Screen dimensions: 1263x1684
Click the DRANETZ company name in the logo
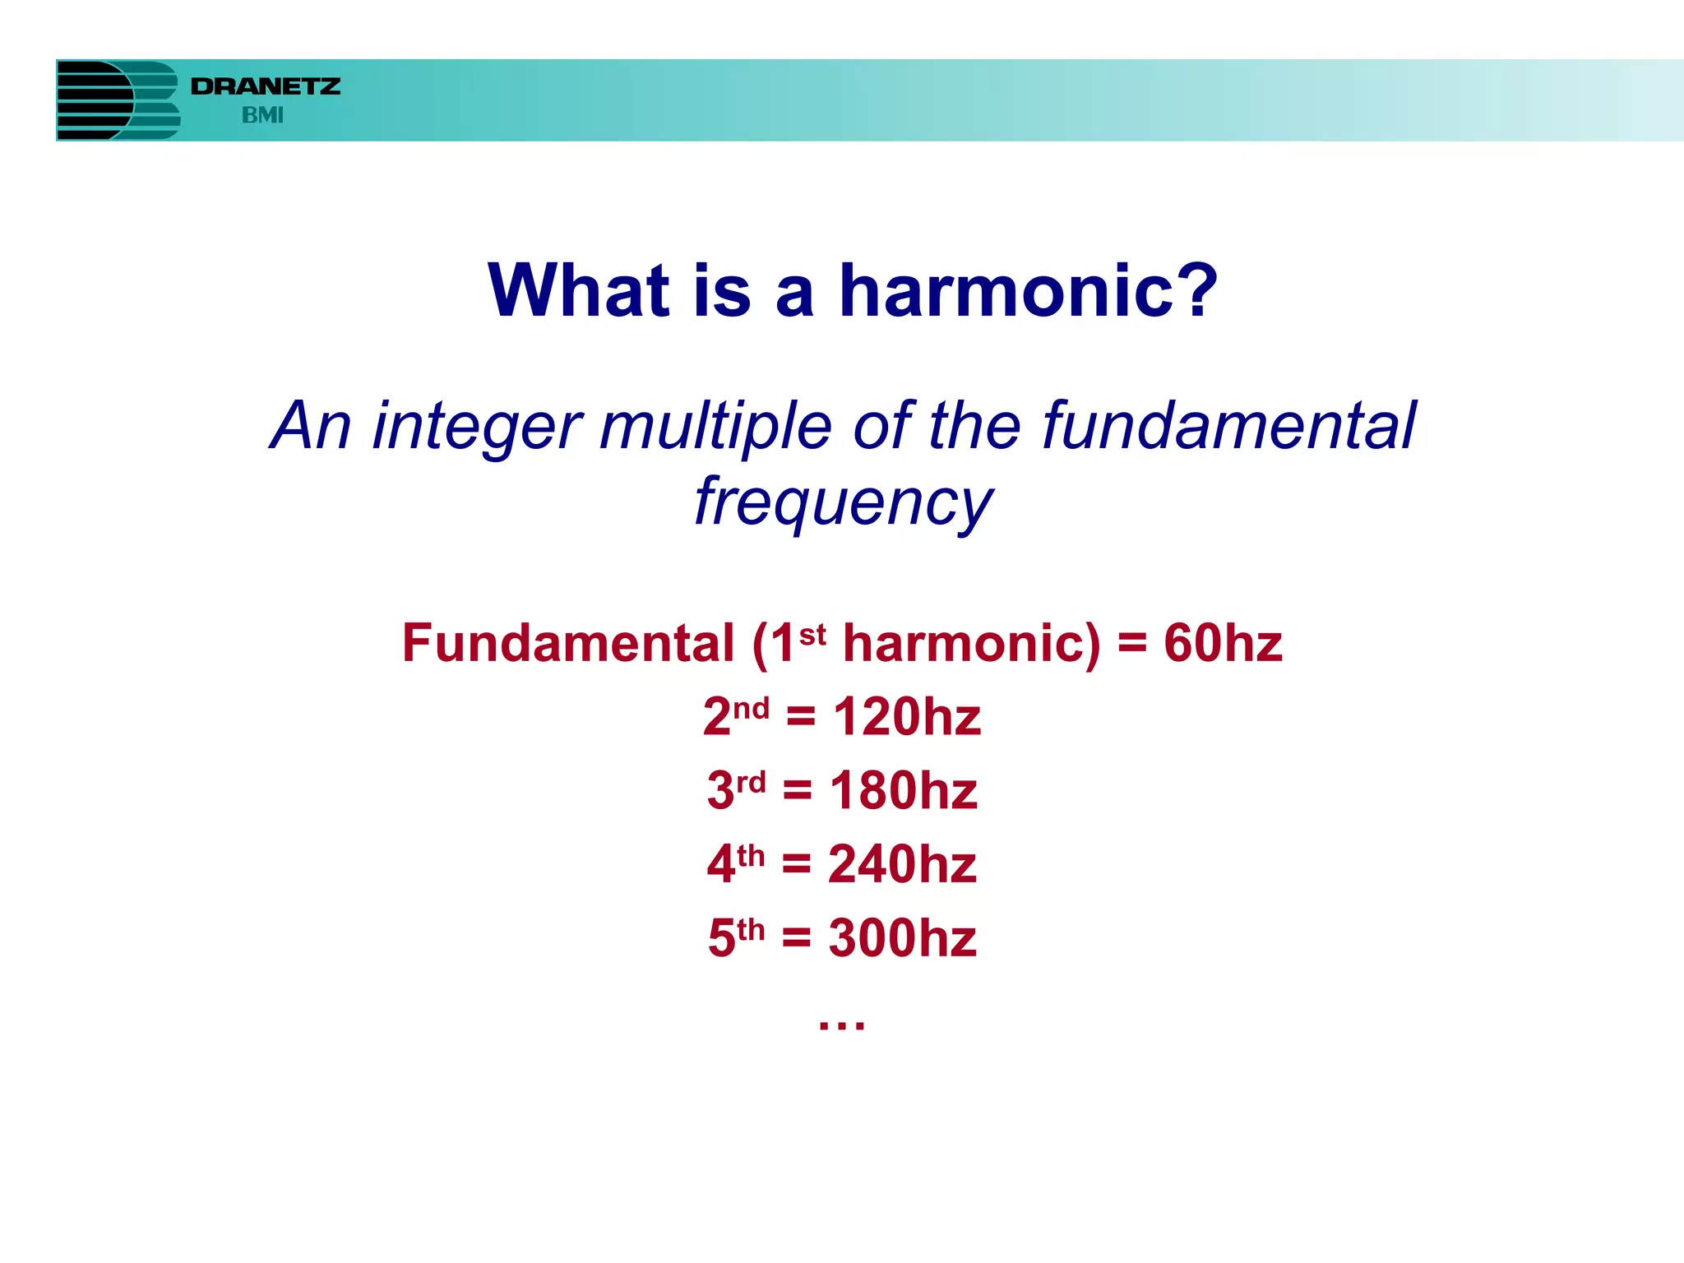265,86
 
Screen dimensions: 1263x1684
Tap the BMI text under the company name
262,115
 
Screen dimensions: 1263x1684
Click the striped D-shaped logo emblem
118,100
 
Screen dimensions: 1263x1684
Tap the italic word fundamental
1229,426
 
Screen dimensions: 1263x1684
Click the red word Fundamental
567,643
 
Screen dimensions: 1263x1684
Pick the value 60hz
1223,643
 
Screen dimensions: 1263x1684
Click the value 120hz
907,717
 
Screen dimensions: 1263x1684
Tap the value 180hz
904,791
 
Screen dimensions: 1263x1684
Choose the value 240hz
902,865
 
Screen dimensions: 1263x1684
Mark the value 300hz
902,938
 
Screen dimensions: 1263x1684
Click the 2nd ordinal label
736,715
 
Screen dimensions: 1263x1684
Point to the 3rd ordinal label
736,789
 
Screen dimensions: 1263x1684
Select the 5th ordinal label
736,937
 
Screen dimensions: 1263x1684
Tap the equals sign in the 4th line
796,864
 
